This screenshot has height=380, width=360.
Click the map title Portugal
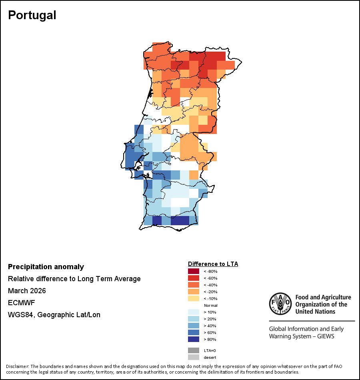(x=32, y=15)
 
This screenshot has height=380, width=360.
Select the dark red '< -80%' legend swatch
(x=193, y=271)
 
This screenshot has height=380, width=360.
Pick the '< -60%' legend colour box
(x=193, y=278)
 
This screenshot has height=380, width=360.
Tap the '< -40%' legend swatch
(x=193, y=285)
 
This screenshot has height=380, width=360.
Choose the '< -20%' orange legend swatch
(x=193, y=292)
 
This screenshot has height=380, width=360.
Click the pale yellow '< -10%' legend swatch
(x=193, y=298)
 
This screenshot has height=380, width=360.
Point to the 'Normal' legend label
(x=210, y=305)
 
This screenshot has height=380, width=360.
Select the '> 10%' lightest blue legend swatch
(x=193, y=312)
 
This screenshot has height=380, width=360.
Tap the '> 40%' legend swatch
(x=193, y=326)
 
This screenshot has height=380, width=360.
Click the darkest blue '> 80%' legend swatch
(x=193, y=339)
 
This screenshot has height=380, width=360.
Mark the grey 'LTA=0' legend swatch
(x=193, y=350)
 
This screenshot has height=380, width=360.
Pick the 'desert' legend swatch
(x=193, y=357)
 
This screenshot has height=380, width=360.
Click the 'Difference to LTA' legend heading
(x=213, y=264)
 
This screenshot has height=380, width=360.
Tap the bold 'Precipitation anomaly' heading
(x=46, y=267)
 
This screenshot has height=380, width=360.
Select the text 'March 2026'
(x=27, y=291)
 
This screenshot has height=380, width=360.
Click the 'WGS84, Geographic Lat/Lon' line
(x=54, y=315)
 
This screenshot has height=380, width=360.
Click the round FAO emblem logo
(x=280, y=304)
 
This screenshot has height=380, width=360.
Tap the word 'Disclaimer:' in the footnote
(x=18, y=366)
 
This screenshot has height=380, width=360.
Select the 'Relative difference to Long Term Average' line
(x=74, y=279)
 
